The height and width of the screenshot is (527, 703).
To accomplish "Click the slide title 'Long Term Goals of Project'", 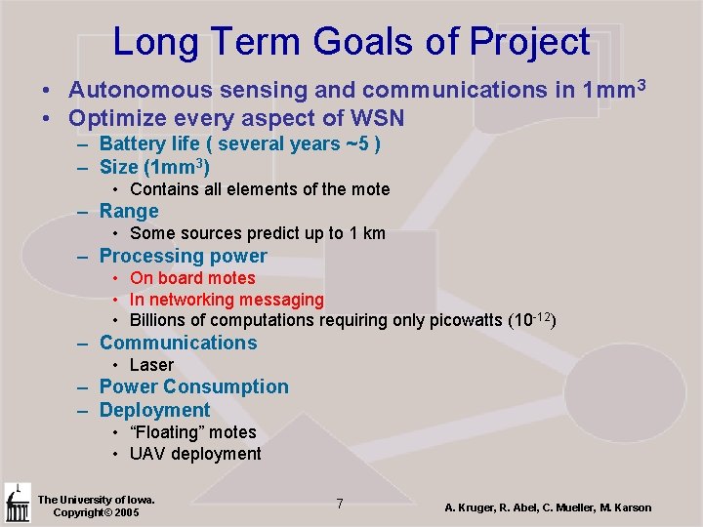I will pyautogui.click(x=351, y=41).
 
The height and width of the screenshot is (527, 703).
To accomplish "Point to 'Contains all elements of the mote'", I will pyautogui.click(x=259, y=189).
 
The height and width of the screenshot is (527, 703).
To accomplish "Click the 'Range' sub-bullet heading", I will pyautogui.click(x=129, y=211).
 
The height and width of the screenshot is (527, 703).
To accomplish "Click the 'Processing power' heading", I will pyautogui.click(x=183, y=256).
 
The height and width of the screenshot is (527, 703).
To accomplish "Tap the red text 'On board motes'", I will pyautogui.click(x=191, y=278).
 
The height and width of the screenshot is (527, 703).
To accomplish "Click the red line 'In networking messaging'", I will pyautogui.click(x=226, y=300).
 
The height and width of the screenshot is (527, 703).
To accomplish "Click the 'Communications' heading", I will pyautogui.click(x=178, y=343).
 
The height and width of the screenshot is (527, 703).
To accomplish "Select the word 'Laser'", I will pyautogui.click(x=151, y=365).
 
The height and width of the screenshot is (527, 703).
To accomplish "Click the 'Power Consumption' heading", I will pyautogui.click(x=193, y=386).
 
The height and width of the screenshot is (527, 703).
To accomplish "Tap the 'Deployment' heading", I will pyautogui.click(x=154, y=410).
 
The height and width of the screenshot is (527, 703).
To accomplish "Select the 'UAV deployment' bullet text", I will pyautogui.click(x=195, y=454).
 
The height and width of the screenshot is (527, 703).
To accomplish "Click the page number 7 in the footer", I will pyautogui.click(x=339, y=504).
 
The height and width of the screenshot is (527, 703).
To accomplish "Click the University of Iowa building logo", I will pyautogui.click(x=17, y=504).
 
